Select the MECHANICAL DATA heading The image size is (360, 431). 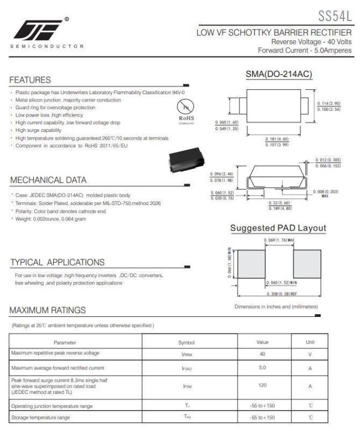[x=48, y=180]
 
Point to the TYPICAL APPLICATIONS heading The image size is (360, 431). [x=57, y=262]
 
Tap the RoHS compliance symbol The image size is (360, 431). [x=186, y=110]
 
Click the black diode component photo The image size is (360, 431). [x=186, y=160]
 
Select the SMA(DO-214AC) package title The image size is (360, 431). [x=278, y=74]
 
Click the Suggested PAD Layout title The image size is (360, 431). [x=278, y=228]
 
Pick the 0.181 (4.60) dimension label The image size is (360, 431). [x=277, y=138]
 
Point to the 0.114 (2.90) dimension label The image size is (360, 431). [x=328, y=104]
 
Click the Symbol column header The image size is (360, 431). [x=187, y=342]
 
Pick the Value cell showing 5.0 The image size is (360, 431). [x=263, y=367]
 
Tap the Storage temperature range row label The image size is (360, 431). [x=40, y=417]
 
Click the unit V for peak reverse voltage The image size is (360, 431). [x=310, y=353]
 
